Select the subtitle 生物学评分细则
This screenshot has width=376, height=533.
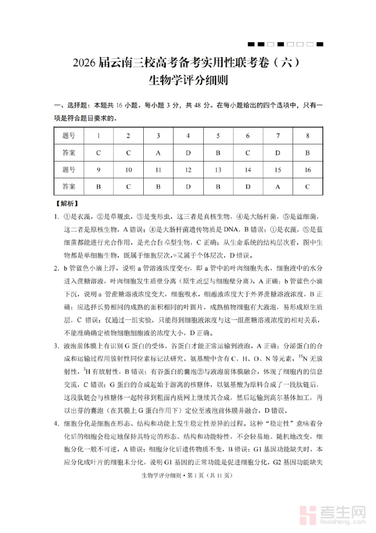[x=188, y=80]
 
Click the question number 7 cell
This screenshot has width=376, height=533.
[x=277, y=136]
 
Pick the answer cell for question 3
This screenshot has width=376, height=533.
[x=158, y=153]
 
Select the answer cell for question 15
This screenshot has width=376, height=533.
[x=277, y=187]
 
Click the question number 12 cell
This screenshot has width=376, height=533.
[x=188, y=169]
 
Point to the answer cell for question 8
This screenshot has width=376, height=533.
[x=307, y=153]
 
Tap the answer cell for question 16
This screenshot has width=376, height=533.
[x=307, y=187]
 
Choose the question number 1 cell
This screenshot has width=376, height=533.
[x=98, y=136]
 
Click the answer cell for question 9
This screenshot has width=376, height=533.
[x=98, y=187]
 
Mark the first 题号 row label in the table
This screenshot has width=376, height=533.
[x=69, y=136]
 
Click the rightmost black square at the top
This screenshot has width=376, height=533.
[x=320, y=44]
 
